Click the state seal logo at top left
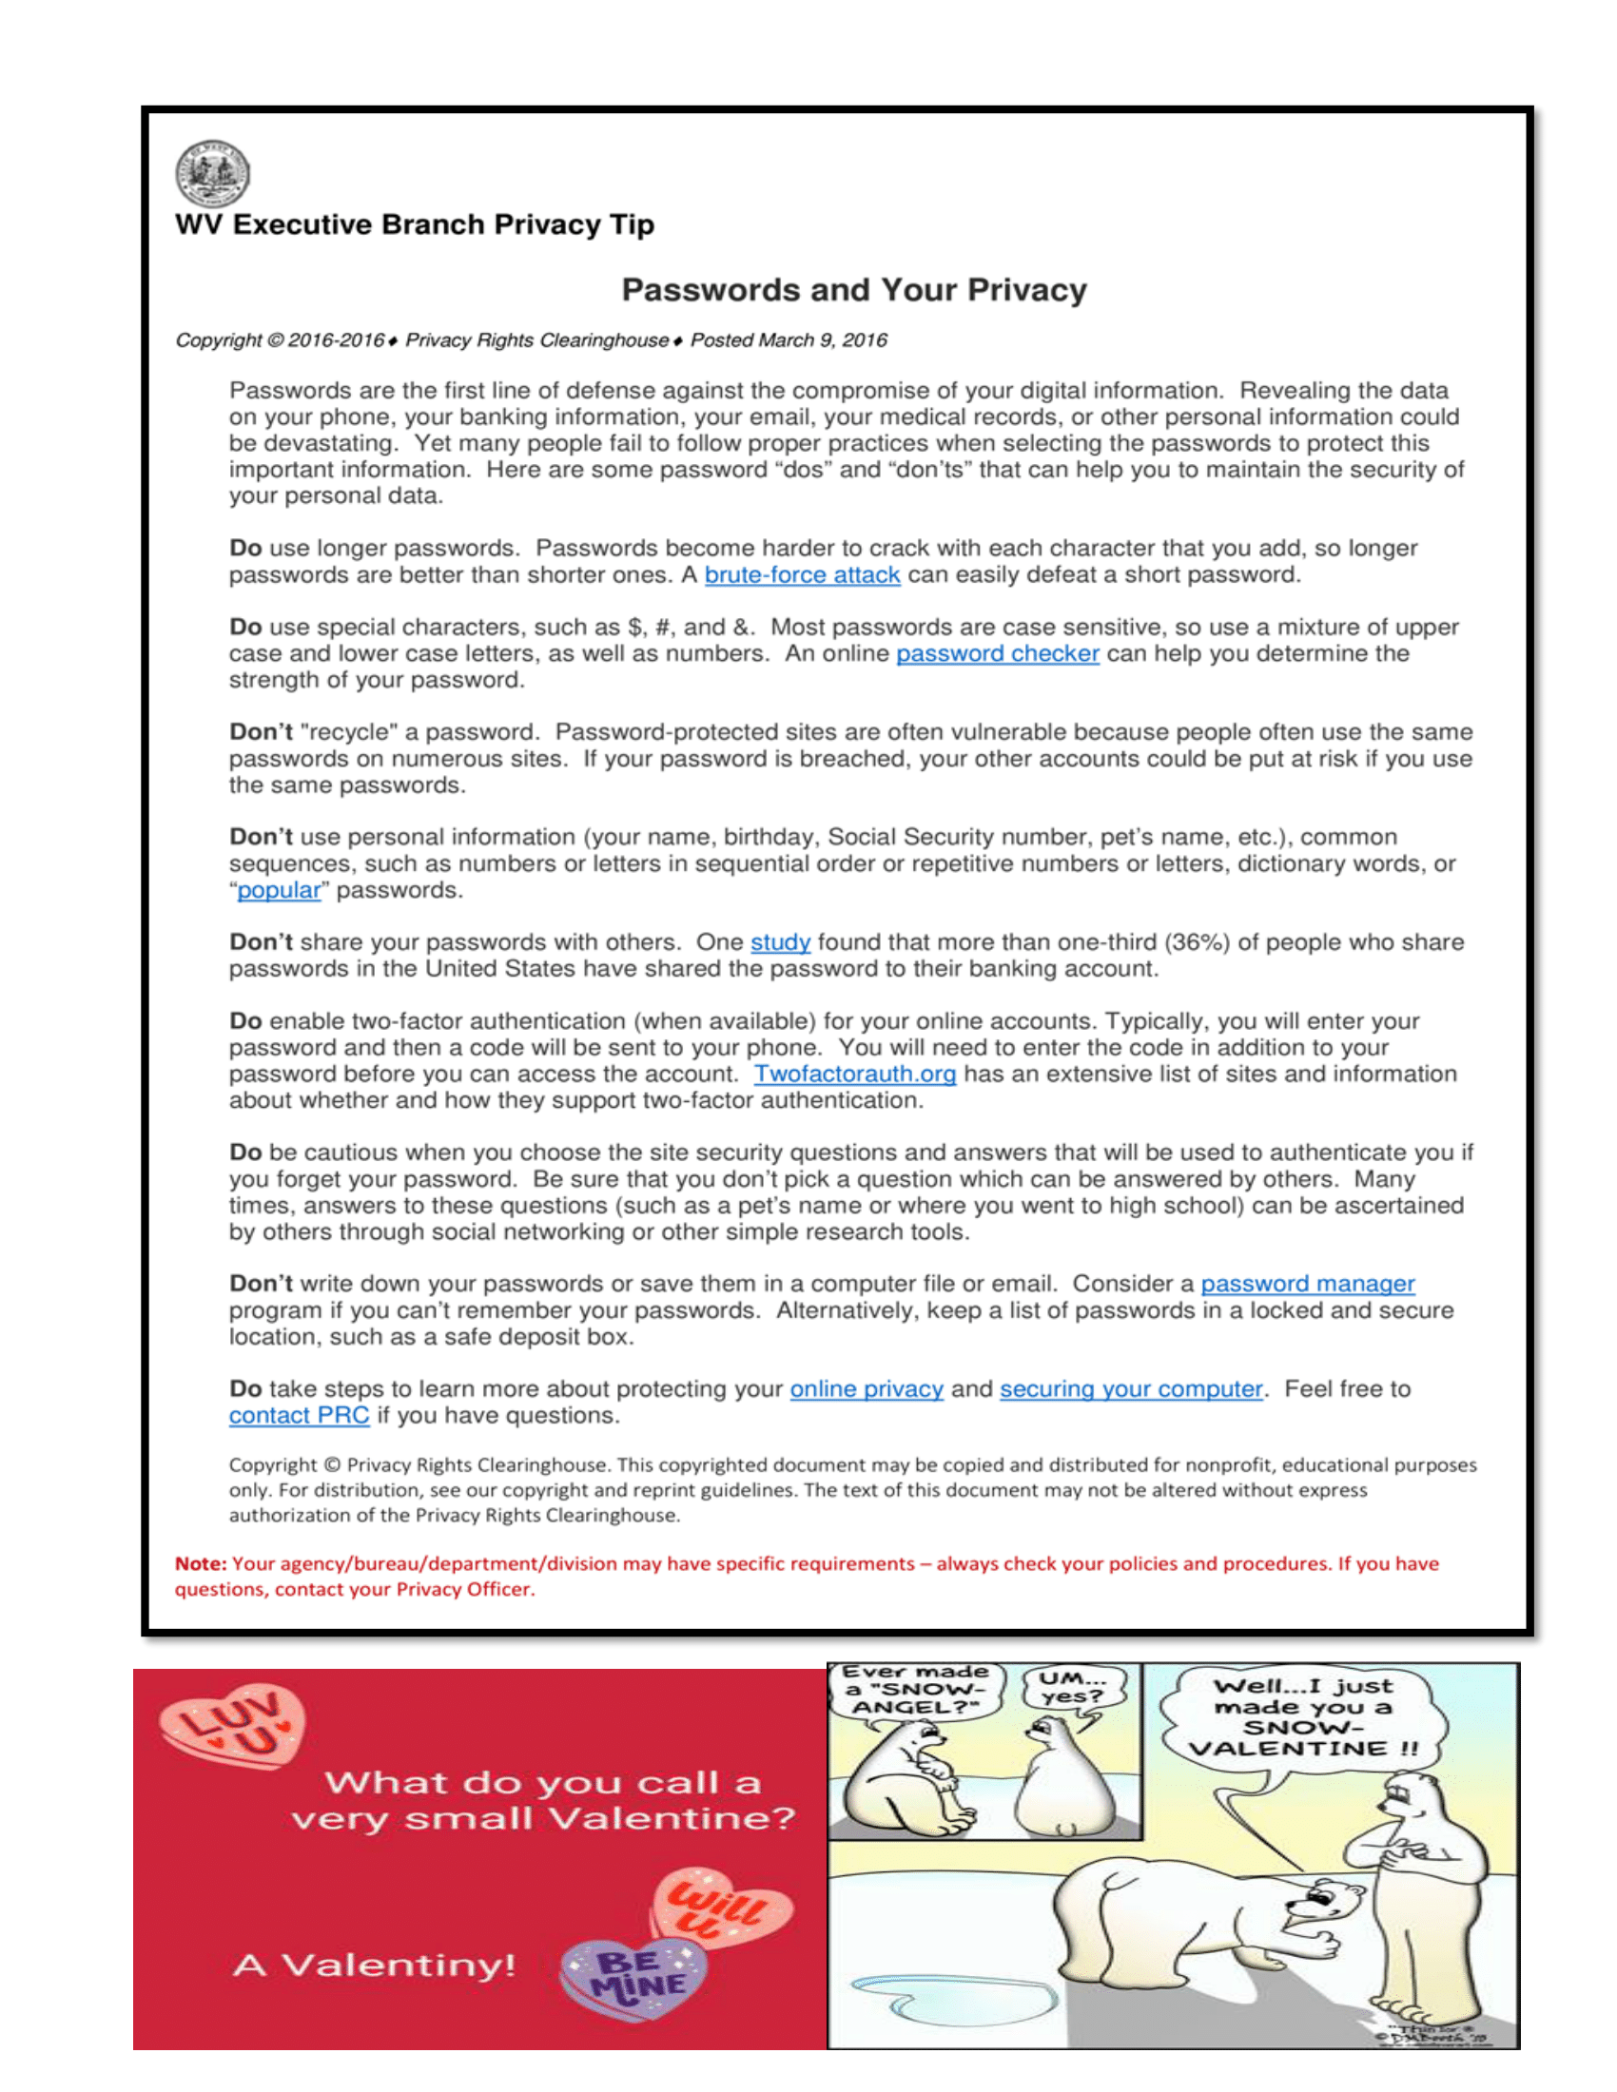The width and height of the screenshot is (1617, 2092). point(213,173)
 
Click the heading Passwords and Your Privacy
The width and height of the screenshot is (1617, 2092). point(853,290)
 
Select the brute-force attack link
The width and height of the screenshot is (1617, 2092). point(802,574)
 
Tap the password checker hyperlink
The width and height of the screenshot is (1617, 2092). point(997,653)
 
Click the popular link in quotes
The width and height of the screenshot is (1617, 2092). point(279,890)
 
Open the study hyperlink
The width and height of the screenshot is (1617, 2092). point(780,942)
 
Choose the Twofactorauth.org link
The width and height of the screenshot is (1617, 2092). point(854,1074)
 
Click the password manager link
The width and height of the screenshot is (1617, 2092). point(1308,1284)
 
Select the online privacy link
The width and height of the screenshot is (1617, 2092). point(866,1389)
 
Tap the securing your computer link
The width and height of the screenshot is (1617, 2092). point(1130,1389)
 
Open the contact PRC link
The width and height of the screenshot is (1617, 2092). point(299,1416)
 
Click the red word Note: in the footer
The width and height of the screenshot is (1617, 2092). point(200,1564)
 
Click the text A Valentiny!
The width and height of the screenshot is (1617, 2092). point(374,1966)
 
